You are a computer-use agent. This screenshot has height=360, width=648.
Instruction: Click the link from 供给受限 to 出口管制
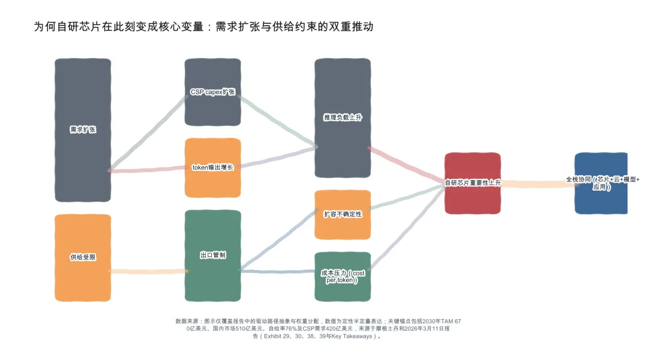point(148,271)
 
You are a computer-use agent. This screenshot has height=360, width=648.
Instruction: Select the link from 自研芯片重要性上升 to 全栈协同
point(537,184)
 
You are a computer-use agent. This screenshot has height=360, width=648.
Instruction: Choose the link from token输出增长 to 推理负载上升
point(277,157)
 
